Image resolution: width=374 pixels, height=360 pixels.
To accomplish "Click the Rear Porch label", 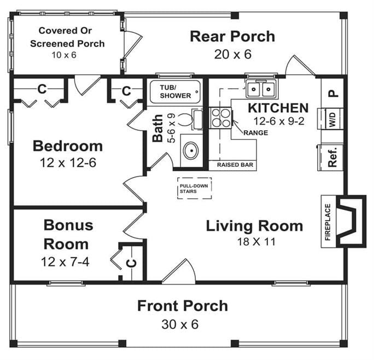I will [232, 37].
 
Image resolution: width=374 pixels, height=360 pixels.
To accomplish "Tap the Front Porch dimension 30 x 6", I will [179, 324].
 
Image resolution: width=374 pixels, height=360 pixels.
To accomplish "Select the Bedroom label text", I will [68, 146].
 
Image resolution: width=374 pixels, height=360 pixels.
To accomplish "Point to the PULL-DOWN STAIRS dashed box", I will [194, 189].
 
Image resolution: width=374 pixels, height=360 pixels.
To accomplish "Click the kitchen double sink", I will [261, 88].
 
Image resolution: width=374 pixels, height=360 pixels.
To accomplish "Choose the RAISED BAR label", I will [235, 164].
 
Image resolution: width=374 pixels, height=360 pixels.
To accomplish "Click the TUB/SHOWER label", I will [175, 91].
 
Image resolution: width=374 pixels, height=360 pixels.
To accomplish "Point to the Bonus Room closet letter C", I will [132, 262].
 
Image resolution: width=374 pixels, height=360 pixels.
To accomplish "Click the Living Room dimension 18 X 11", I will [254, 241].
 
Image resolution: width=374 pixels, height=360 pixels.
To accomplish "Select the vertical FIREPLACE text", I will [328, 222].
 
